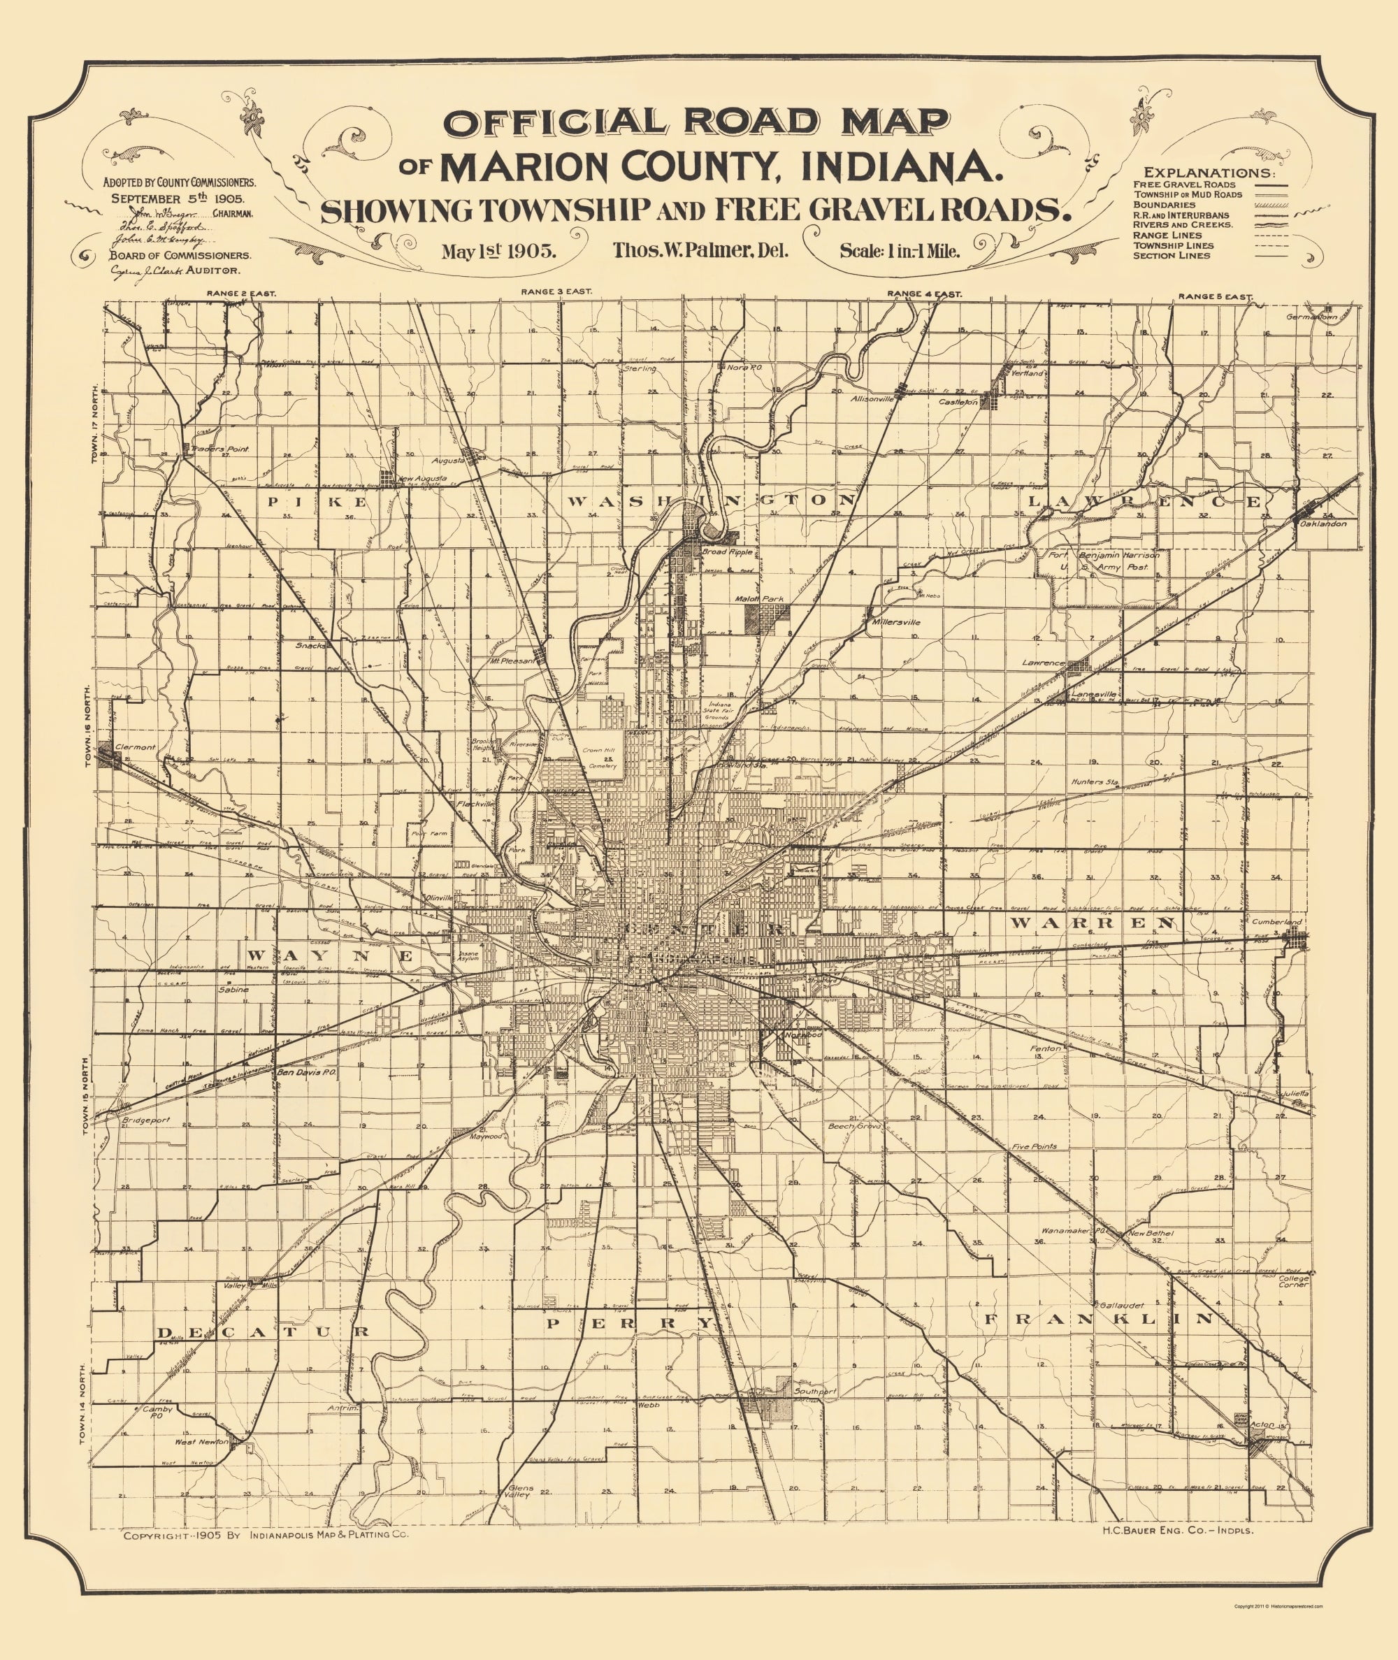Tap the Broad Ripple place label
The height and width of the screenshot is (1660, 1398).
pos(727,551)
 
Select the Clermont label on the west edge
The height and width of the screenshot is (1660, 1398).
pos(135,747)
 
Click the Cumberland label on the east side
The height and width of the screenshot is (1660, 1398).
pos(1277,923)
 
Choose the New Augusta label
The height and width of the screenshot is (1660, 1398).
pos(422,479)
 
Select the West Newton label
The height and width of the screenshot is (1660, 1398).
pos(201,1442)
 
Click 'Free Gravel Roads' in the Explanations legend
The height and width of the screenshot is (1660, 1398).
pos(1184,185)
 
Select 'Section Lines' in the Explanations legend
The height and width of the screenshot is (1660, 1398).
pos(1172,256)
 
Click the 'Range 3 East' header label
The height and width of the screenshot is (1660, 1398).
pos(556,292)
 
